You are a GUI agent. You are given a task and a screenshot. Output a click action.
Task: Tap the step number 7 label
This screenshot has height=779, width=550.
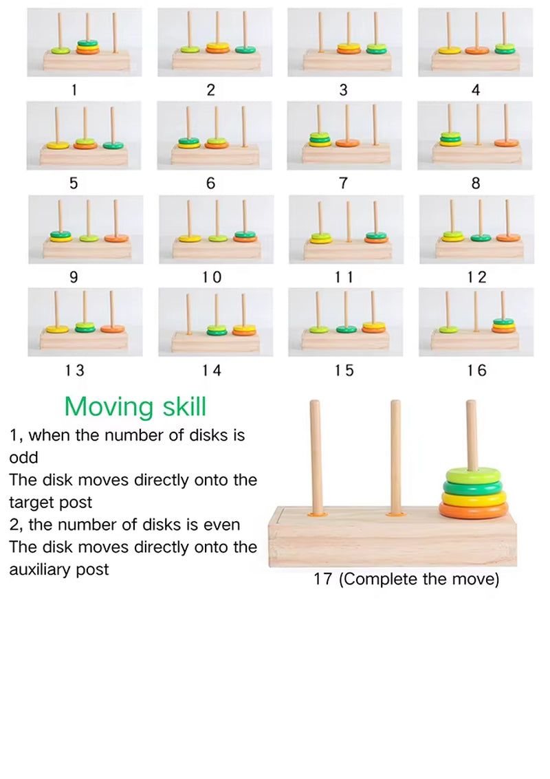pos(343,184)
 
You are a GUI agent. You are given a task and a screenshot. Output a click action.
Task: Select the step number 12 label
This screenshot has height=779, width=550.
pos(476,277)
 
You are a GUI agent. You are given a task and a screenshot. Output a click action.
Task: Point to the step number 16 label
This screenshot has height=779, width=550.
pos(476,371)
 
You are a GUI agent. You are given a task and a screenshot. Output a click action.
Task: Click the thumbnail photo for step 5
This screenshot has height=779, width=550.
pos(84,135)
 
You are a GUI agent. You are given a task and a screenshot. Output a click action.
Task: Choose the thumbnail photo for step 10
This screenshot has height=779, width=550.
pos(215,228)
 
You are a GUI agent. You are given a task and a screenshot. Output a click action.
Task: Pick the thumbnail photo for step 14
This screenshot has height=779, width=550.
pos(215,321)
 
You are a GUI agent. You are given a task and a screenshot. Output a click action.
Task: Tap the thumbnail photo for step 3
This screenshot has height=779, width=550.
pos(345,41)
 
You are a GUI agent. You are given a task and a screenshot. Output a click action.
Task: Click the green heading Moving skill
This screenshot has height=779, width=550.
pos(135,406)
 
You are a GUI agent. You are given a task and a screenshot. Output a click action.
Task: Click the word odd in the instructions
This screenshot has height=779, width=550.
pos(23,458)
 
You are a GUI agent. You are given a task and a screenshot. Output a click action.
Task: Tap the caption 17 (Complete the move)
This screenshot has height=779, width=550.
pos(406,579)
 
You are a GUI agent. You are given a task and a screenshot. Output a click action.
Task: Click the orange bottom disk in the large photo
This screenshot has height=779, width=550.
pos(473,511)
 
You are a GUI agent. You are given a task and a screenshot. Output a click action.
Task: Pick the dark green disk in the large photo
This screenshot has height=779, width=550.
pos(473,487)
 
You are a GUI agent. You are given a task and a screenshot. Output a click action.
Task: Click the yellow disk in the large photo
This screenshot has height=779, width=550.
pos(473,498)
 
